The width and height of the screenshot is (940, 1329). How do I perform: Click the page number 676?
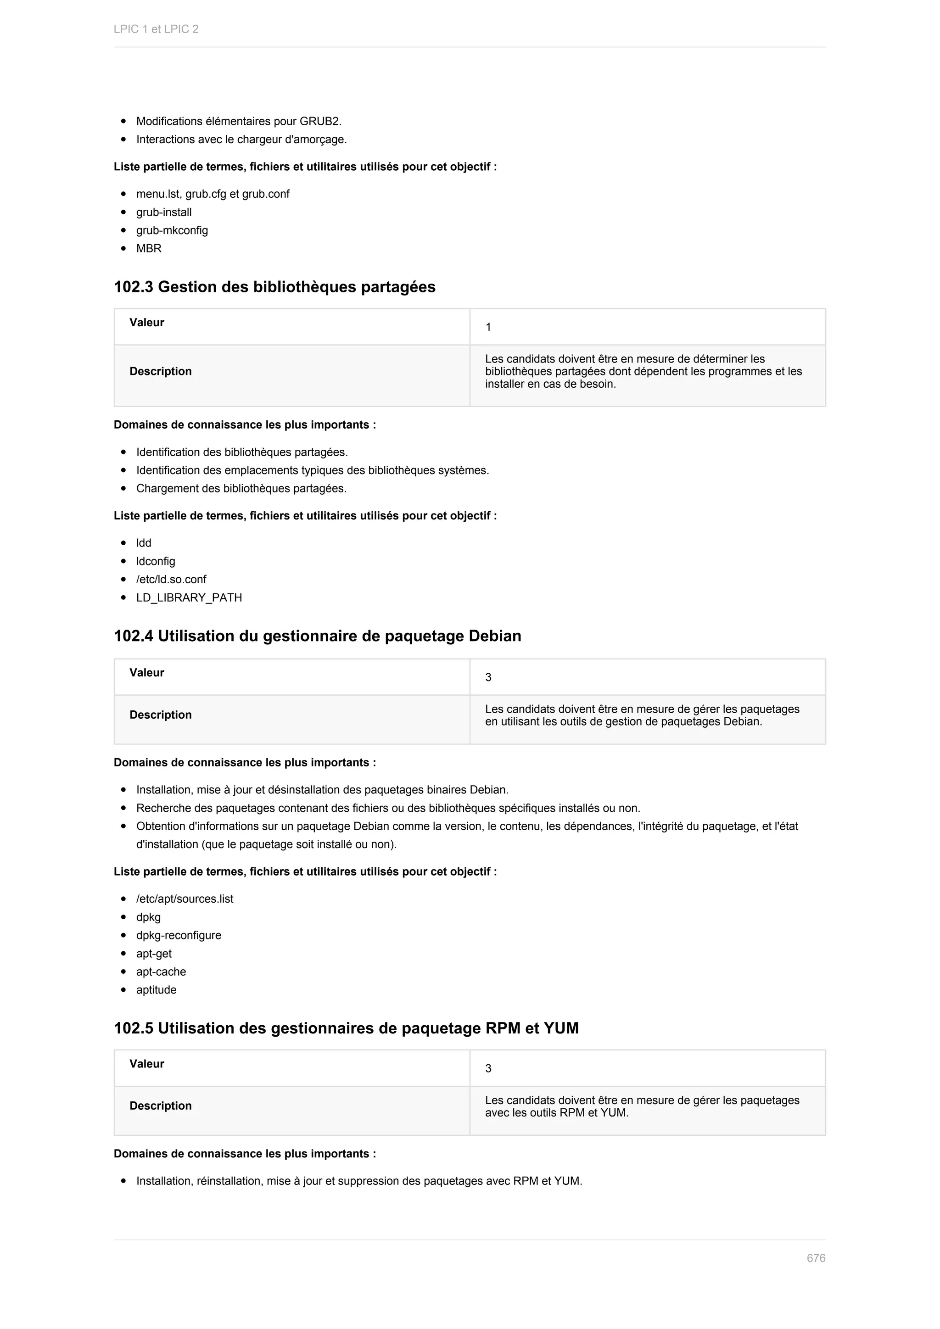pyautogui.click(x=816, y=1258)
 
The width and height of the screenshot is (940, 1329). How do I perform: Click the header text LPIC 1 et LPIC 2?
pyautogui.click(x=156, y=29)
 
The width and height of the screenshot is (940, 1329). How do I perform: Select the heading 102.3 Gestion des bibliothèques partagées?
pyautogui.click(x=274, y=287)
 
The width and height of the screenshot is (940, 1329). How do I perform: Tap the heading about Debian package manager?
pyautogui.click(x=317, y=636)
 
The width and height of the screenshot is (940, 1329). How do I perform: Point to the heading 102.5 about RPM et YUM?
pyautogui.click(x=346, y=1028)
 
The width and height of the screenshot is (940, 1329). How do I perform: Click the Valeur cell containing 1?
pyautogui.click(x=488, y=328)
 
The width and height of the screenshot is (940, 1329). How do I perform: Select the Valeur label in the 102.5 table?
pyautogui.click(x=147, y=1064)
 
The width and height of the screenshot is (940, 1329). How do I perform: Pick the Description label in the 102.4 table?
pyautogui.click(x=160, y=715)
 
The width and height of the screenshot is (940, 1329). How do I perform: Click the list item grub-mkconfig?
pyautogui.click(x=172, y=230)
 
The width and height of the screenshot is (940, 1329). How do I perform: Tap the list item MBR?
pyautogui.click(x=149, y=248)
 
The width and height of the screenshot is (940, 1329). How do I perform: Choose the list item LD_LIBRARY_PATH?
pyautogui.click(x=189, y=598)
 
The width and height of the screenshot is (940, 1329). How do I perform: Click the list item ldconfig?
pyautogui.click(x=156, y=561)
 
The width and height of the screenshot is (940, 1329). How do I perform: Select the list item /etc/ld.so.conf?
pyautogui.click(x=171, y=580)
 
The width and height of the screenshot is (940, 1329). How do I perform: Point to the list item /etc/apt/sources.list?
pyautogui.click(x=185, y=899)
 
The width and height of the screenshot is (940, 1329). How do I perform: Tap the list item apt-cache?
pyautogui.click(x=161, y=972)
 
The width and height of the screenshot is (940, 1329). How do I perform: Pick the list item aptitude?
pyautogui.click(x=156, y=990)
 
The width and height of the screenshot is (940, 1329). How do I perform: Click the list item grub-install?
pyautogui.click(x=164, y=212)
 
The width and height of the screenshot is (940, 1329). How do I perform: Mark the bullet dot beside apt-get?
pyautogui.click(x=123, y=954)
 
